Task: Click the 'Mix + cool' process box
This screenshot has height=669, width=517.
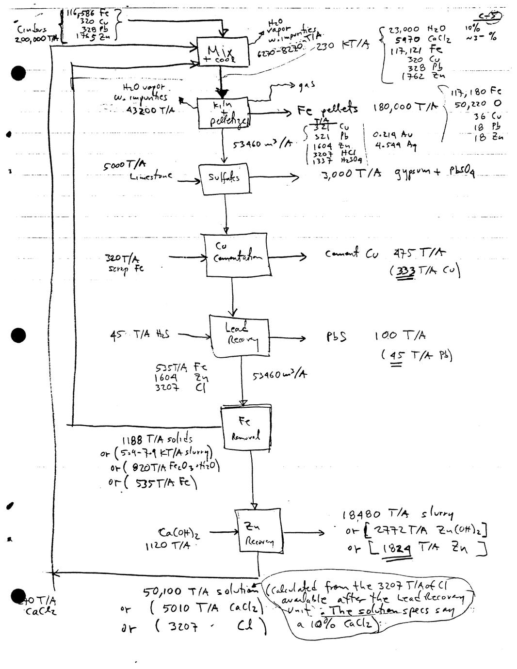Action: click(x=224, y=52)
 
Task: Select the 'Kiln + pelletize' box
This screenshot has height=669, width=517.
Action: click(x=223, y=112)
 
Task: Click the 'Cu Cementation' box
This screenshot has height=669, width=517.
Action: click(x=235, y=255)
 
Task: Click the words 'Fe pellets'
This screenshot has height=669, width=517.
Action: click(x=327, y=110)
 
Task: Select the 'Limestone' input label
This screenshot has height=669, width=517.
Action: click(x=151, y=177)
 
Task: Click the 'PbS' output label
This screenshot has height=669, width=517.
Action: click(x=336, y=336)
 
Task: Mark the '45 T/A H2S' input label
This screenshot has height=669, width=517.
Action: click(x=140, y=334)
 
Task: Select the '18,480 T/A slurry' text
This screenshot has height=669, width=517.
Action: click(x=398, y=514)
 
